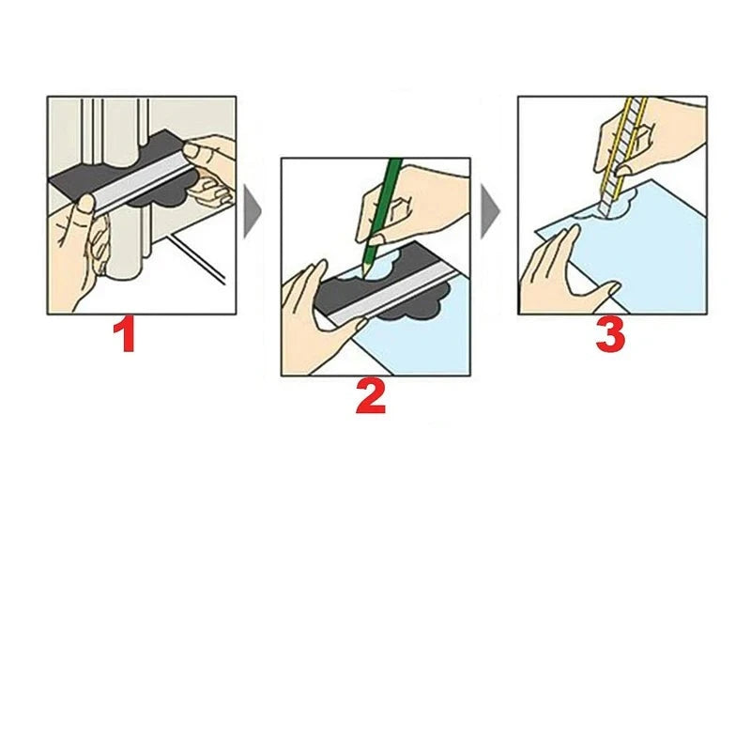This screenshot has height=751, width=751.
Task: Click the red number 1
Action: tap(124, 337)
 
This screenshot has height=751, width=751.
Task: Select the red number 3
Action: tap(609, 335)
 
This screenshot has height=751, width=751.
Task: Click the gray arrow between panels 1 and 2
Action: tap(251, 212)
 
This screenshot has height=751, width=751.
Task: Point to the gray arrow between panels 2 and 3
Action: tap(489, 212)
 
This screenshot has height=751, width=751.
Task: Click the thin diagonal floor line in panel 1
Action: tap(197, 258)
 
